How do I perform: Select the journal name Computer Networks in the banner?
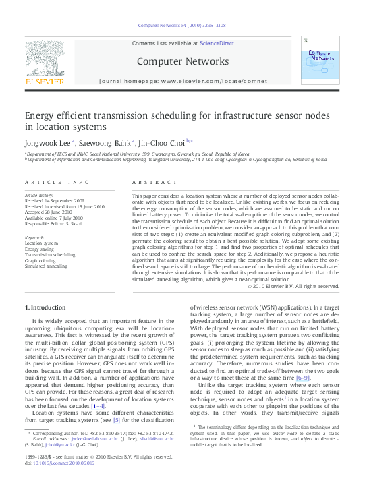[183, 61]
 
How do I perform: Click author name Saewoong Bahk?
[103, 142]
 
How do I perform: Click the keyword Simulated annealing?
[46, 266]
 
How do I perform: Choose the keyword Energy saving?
[40, 248]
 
